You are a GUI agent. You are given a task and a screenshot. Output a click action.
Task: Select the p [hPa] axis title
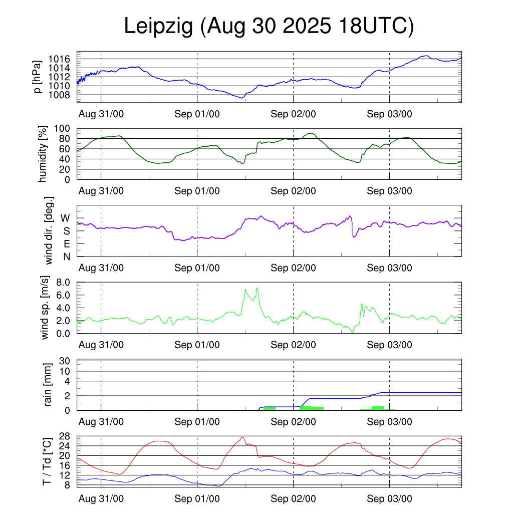38,77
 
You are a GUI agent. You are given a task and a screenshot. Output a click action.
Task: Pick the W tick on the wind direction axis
66,218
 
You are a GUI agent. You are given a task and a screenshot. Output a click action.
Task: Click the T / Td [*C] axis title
47,461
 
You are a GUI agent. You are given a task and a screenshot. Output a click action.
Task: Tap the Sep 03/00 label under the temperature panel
389,499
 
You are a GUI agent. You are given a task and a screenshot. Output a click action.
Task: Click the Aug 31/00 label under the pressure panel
101,114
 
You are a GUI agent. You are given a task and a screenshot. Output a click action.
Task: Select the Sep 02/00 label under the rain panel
293,422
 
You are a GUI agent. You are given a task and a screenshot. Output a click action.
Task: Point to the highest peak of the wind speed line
257,288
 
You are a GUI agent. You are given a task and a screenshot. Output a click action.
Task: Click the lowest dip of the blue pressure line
242,98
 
